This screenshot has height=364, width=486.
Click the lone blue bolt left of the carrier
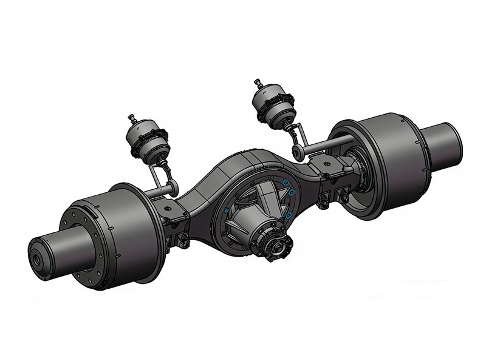point(227,210)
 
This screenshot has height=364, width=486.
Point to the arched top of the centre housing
point(243,164)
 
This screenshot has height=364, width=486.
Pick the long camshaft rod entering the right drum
point(328,144)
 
